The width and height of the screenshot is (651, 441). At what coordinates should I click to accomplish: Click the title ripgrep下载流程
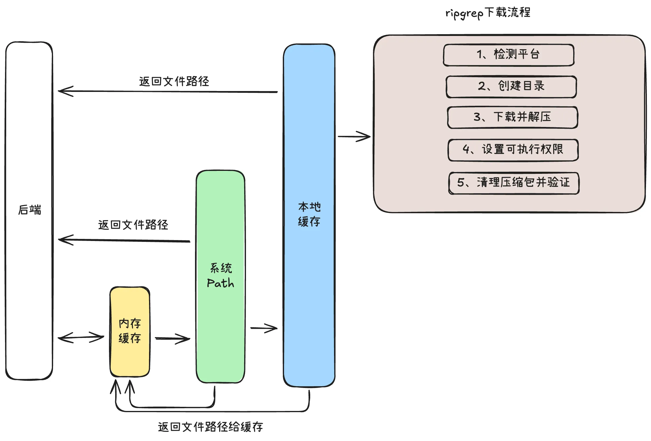pos(488,13)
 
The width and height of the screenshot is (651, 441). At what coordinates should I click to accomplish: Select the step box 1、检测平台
pos(508,55)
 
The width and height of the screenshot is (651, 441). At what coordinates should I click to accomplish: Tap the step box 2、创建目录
pos(511,86)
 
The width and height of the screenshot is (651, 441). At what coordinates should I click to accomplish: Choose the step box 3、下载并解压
pos(512,117)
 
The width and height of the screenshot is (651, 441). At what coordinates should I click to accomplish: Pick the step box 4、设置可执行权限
pos(513,150)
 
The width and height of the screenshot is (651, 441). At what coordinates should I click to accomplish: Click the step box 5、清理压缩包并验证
pos(514,183)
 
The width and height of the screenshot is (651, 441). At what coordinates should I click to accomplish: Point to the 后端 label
pos(29,210)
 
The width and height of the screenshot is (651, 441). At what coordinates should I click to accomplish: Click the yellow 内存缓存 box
pos(130,331)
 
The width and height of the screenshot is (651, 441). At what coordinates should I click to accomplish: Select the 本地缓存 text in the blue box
pos(309,214)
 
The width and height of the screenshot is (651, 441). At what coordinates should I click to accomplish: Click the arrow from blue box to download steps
pos(354,136)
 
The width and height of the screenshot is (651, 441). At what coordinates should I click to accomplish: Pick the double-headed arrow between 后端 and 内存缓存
pos(81,337)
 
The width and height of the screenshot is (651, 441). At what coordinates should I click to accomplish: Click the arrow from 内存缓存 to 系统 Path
pos(172,339)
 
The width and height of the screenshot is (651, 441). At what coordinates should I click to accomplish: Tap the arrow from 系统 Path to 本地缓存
pos(264,328)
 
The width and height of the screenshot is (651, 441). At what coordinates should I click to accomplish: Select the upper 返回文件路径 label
pos(174,82)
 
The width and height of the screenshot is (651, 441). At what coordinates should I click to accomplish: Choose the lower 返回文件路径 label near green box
pos(133,225)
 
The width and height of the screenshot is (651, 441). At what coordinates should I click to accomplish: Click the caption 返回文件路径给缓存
pos(210,427)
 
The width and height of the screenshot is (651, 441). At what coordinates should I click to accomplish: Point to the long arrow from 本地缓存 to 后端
pos(168,92)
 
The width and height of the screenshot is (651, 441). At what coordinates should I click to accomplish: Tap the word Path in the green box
pos(220,283)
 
